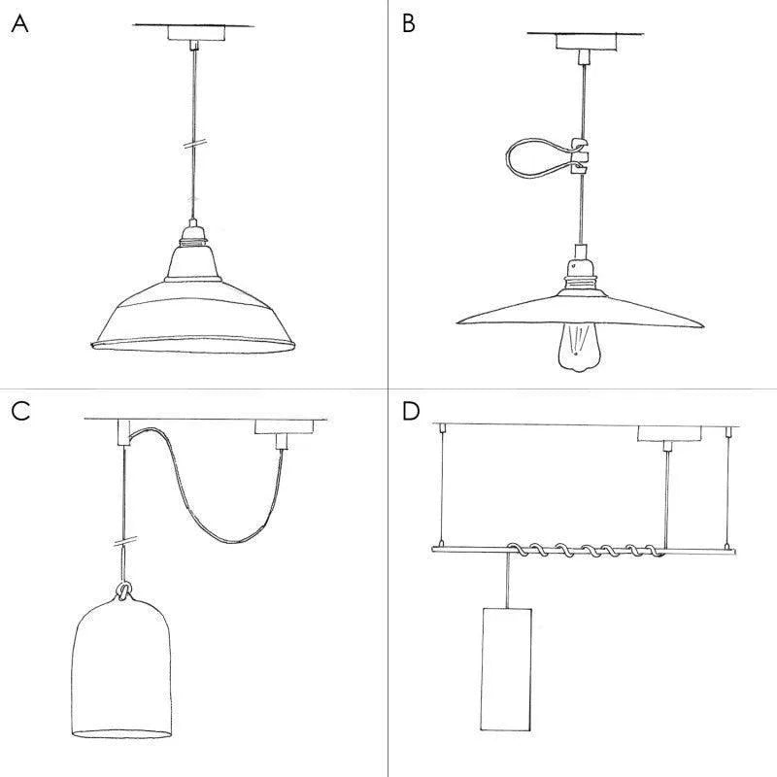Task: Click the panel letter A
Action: pos(19,24)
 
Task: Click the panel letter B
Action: pos(409,24)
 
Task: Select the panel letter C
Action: pos(20,411)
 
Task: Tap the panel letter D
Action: pos(411,411)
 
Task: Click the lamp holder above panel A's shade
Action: pos(195,235)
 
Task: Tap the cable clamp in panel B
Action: pos(580,154)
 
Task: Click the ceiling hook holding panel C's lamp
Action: pos(125,430)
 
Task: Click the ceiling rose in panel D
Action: pos(665,434)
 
